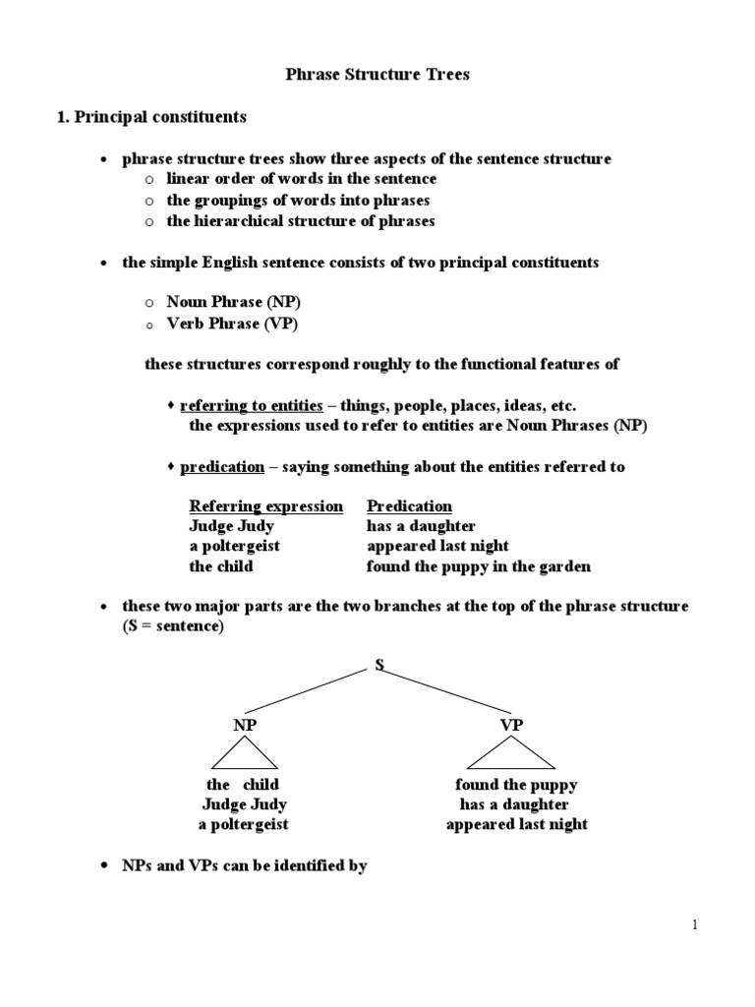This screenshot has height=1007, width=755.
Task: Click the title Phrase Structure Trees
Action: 377,76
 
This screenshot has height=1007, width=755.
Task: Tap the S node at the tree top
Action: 378,666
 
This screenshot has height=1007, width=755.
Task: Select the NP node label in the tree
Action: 243,725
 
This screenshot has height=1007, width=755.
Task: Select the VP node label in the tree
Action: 511,725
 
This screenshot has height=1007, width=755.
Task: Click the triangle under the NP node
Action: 243,755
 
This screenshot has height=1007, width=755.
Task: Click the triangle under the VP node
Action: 511,755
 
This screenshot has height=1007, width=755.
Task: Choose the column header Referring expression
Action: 265,506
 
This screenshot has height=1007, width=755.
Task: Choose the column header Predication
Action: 409,506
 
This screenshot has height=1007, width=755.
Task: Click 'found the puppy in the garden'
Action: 479,566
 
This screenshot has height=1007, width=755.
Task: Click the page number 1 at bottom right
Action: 693,924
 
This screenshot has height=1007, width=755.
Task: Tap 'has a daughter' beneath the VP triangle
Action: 514,804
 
